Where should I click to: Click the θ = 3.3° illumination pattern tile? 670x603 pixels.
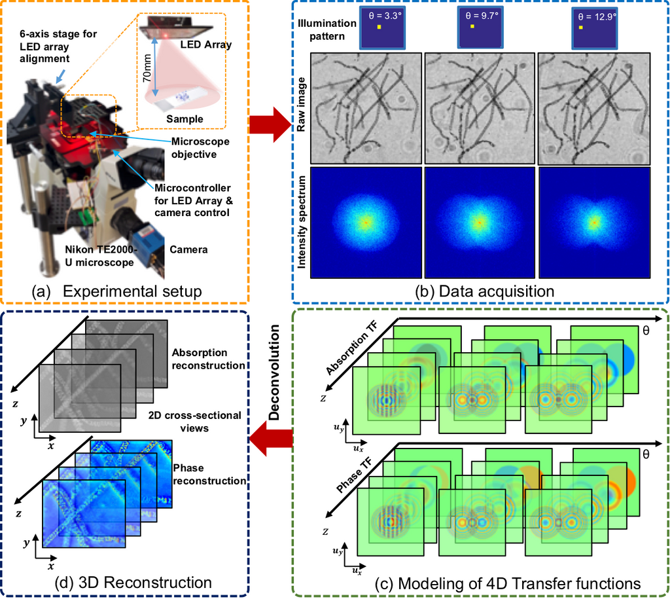382,27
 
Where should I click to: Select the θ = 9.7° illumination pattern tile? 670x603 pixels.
480,27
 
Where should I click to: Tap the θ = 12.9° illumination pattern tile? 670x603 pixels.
595,28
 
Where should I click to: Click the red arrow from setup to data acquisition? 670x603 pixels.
270,124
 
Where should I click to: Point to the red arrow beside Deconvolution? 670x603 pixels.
271,439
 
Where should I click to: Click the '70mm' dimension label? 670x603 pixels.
147,68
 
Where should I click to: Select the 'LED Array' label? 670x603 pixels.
206,45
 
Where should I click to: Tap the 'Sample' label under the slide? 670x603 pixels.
185,119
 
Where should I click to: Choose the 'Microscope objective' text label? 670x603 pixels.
200,147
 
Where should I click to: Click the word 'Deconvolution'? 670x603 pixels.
274,373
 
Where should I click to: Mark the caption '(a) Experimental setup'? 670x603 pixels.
116,291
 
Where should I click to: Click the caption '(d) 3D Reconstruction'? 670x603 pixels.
133,583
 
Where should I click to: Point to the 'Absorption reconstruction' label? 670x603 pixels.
209,359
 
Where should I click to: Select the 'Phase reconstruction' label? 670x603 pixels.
209,474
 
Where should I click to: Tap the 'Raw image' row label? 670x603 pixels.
301,104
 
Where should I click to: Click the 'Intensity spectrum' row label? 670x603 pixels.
302,223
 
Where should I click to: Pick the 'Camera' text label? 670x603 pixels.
188,249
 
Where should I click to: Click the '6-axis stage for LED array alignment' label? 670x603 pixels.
58,46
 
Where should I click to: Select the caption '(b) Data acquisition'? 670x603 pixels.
485,291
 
